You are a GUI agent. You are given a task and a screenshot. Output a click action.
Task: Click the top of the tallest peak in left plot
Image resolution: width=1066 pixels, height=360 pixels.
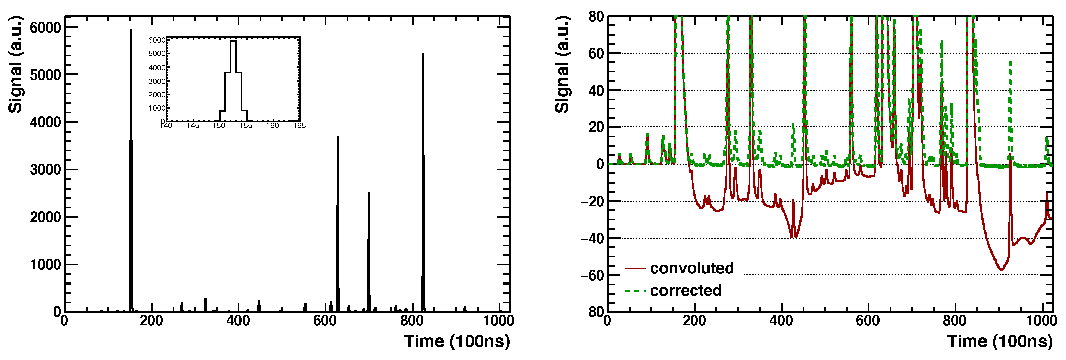click(131, 30)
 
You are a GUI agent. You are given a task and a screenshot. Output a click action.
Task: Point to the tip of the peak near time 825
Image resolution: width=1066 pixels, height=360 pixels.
click(423, 54)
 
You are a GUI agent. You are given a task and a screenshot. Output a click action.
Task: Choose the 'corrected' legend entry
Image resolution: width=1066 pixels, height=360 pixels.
click(685, 291)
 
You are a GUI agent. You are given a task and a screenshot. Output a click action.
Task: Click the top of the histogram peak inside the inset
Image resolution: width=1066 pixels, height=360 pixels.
click(233, 41)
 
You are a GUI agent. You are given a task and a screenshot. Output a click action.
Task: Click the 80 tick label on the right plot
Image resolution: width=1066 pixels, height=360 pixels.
click(596, 17)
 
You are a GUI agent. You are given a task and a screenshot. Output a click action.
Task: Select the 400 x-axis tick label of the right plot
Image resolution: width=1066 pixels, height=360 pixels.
click(781, 321)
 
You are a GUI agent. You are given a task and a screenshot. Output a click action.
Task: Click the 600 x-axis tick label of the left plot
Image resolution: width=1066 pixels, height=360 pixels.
click(325, 321)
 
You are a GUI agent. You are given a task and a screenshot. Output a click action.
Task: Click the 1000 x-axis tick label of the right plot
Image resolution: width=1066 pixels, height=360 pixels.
click(1042, 321)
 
